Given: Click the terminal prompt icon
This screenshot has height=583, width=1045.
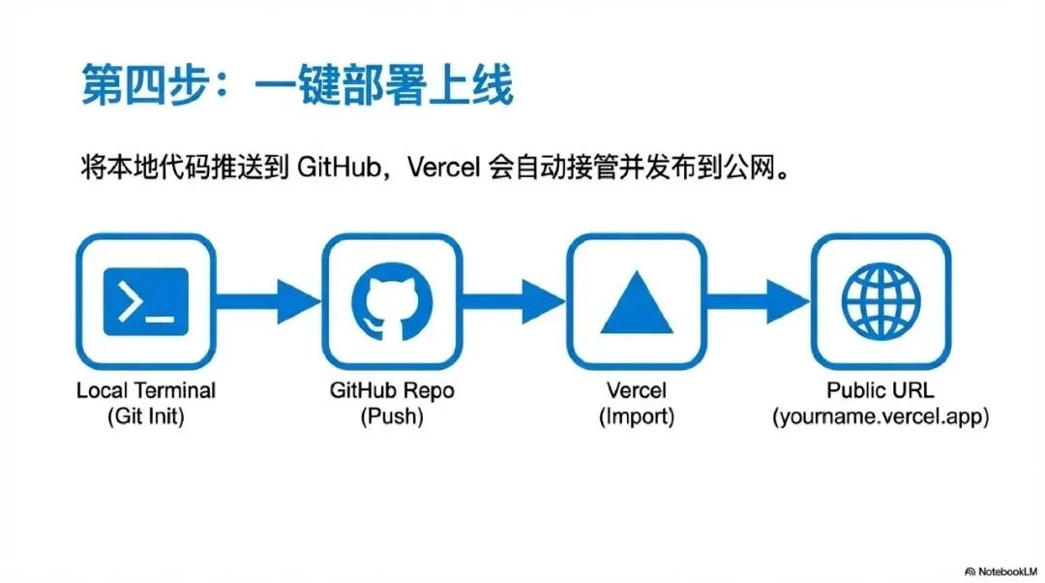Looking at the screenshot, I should (x=146, y=302).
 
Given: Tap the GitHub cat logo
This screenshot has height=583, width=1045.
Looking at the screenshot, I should (x=391, y=302).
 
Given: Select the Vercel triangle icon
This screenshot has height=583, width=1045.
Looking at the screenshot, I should (x=636, y=303).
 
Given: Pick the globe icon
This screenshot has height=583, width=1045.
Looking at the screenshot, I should (x=881, y=302).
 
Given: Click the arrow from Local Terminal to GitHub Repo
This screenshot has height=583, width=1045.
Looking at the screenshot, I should (x=268, y=302).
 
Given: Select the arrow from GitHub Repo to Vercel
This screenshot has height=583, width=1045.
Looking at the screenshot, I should (x=513, y=302).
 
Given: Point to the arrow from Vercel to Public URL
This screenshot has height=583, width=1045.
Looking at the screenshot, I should (x=758, y=302).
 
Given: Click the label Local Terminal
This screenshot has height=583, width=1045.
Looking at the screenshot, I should (x=146, y=391).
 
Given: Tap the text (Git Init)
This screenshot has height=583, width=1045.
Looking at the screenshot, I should (x=146, y=417).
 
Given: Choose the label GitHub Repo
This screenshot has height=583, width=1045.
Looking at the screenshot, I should (x=392, y=391).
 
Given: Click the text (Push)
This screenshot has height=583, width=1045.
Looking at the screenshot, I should (x=392, y=417).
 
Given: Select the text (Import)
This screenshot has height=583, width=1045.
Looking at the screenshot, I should (x=636, y=417).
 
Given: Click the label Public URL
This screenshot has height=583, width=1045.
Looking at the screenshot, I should (x=881, y=391).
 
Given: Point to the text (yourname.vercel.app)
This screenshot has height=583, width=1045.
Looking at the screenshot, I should (x=881, y=417).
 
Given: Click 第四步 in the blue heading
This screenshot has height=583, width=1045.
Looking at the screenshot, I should (x=141, y=89).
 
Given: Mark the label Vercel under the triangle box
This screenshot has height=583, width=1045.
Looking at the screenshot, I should (x=636, y=391).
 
